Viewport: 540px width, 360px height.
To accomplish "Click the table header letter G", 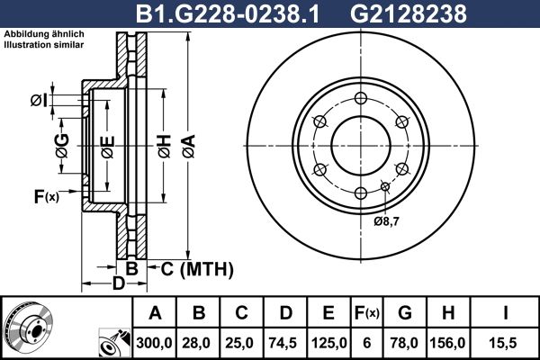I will tap(405, 313).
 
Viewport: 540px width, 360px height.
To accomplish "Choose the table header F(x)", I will tap(366, 313).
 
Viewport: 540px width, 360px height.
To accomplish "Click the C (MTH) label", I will tap(196, 268).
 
